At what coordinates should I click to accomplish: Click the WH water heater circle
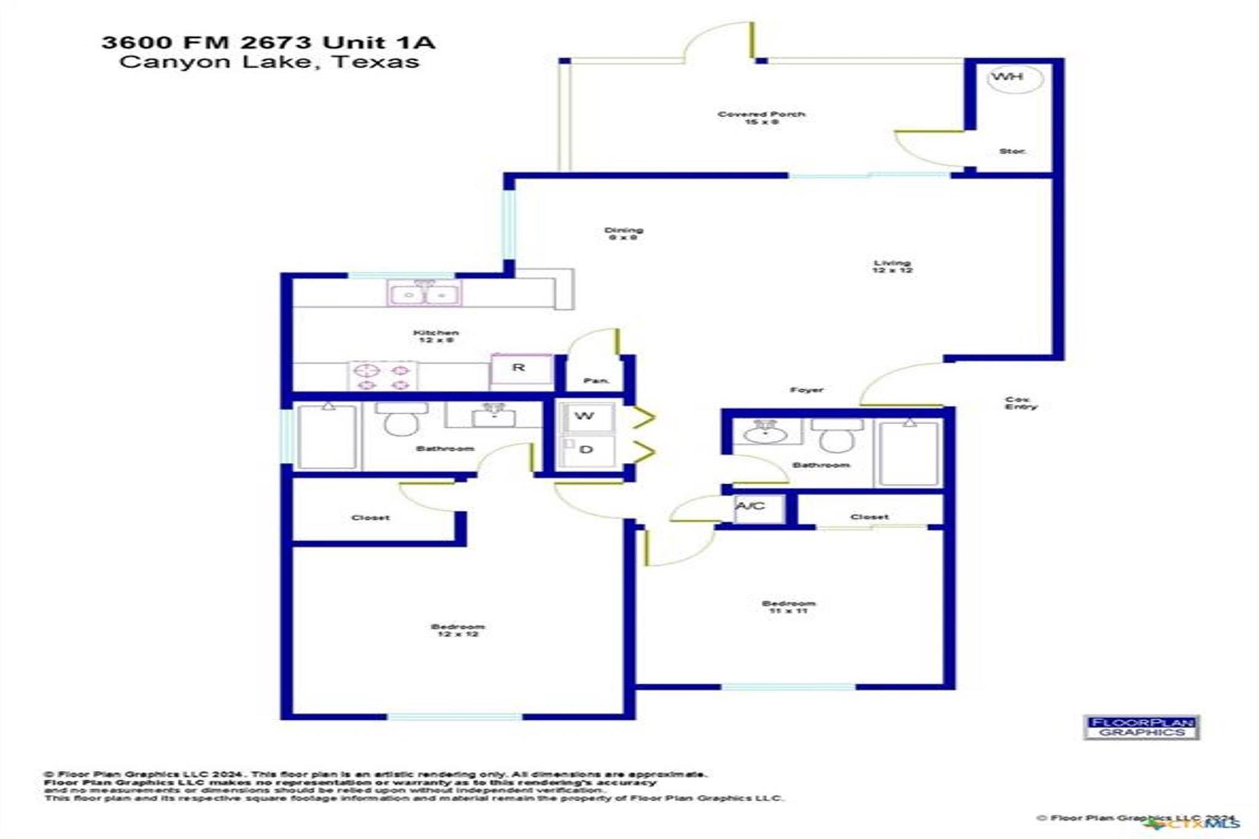[1015, 78]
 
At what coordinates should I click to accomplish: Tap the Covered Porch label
[761, 117]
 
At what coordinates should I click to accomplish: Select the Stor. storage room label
[1012, 151]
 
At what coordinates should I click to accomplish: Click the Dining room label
[623, 234]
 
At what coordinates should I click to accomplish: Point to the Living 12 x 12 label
[892, 266]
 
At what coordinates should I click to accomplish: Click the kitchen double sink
[424, 294]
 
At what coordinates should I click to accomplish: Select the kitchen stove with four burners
[383, 377]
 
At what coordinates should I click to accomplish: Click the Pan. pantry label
[595, 381]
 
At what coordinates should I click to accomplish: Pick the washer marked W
[586, 417]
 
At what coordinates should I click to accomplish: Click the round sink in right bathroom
[765, 433]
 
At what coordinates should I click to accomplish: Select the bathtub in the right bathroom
[909, 454]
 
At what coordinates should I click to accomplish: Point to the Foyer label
[806, 390]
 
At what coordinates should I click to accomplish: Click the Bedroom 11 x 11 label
[788, 607]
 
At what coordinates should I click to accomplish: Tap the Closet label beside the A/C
[869, 517]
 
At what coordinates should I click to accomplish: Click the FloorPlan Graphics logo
[1141, 727]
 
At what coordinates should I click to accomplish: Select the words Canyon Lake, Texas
[269, 62]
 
